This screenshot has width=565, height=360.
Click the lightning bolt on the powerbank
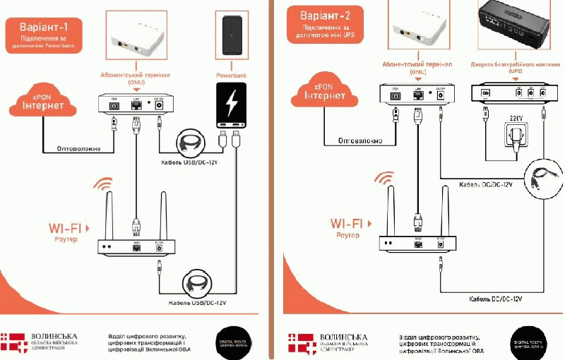[x=231, y=104]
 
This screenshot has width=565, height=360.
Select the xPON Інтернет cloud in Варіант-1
[x=42, y=103]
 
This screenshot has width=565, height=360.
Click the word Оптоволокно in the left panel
[x=70, y=149]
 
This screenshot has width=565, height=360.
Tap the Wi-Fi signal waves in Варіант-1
[x=104, y=186]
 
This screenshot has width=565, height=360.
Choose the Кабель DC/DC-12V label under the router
[x=495, y=299]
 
